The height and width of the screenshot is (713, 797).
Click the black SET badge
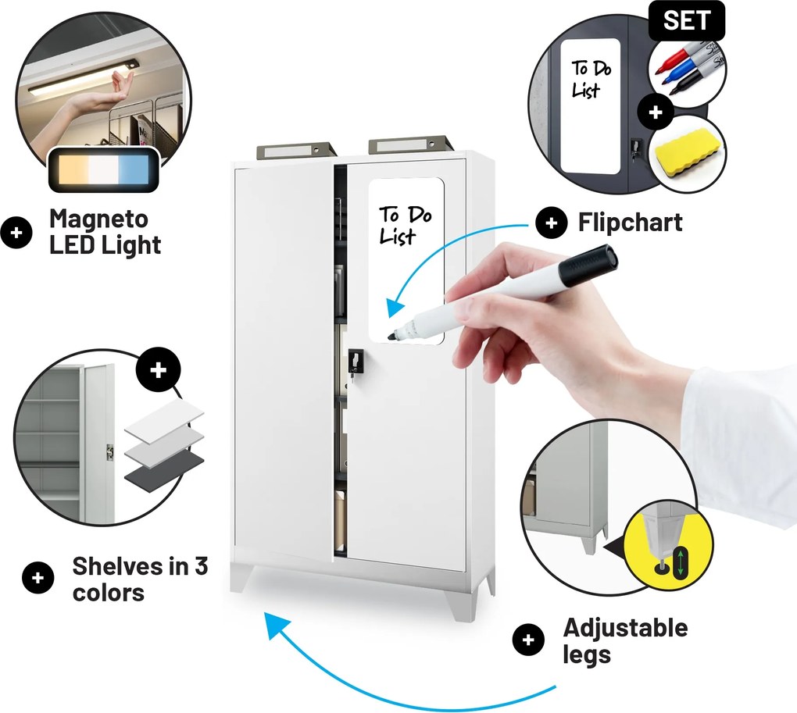686,20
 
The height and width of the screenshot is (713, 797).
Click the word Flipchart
630,223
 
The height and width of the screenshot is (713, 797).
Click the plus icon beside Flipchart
552,223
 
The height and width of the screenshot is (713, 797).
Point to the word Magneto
98,219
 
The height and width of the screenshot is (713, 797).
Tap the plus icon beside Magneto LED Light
16,233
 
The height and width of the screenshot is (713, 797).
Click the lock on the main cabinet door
356,362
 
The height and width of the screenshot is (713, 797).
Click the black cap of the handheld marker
588,264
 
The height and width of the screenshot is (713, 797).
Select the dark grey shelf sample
164,471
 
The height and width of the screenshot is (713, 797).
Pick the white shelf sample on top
164,419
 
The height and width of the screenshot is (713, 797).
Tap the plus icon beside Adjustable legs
528,640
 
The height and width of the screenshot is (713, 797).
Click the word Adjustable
625,628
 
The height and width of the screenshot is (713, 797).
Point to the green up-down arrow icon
680,562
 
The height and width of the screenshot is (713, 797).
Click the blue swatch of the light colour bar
133,169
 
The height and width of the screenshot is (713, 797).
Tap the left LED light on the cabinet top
296,150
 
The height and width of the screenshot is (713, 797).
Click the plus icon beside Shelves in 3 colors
38,578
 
